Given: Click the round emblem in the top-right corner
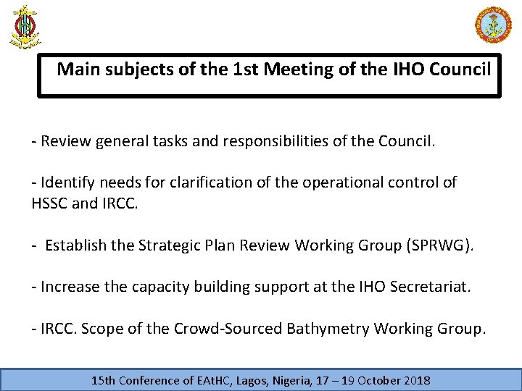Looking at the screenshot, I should tap(493, 25).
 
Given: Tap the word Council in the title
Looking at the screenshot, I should tap(462, 70).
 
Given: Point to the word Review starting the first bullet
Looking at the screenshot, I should tap(65, 140).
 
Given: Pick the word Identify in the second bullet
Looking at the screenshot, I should tap(67, 182).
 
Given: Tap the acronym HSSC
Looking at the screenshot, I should tap(52, 203).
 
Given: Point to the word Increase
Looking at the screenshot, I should tap(70, 287).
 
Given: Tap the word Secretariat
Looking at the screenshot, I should tap(430, 287).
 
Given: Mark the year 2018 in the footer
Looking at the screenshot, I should tap(415, 380).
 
